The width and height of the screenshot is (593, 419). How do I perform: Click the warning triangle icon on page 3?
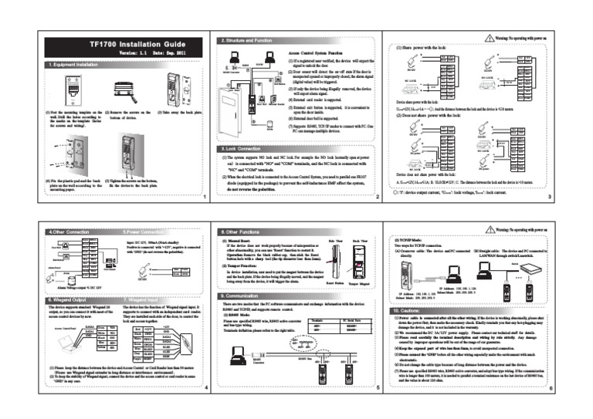tap(486, 37)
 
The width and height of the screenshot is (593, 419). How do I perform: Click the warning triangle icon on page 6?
tap(486, 229)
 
